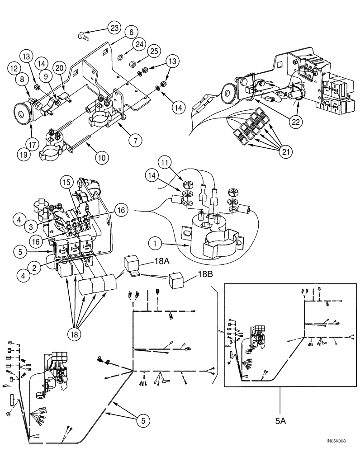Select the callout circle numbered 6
tap(131, 33)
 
